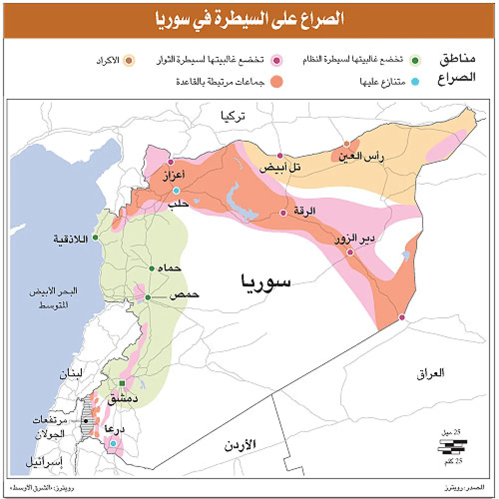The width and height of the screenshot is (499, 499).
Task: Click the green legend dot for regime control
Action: tap(415, 61)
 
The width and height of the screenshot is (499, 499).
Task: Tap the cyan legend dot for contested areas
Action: tap(415, 82)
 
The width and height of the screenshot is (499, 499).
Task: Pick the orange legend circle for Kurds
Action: tap(129, 61)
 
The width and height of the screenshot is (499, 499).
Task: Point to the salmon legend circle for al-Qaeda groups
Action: tap(276, 82)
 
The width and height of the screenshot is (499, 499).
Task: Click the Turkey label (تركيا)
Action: tap(233, 116)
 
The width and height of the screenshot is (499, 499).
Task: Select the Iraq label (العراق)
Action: tap(430, 373)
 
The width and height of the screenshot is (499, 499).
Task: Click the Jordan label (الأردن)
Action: tap(240, 445)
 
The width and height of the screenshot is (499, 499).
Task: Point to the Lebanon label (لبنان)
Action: tap(71, 374)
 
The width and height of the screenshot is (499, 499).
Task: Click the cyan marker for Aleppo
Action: tap(176, 191)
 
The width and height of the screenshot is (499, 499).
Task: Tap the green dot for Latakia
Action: tap(95, 237)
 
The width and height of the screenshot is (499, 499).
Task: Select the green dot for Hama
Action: tap(152, 268)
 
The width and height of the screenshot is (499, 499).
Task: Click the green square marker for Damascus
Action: tap(122, 384)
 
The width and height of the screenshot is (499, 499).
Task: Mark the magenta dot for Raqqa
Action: tap(283, 213)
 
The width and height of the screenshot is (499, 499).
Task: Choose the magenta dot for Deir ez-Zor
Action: tap(350, 252)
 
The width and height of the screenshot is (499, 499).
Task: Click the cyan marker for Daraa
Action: tap(113, 443)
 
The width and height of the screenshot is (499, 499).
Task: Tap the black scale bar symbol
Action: tap(452, 446)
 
